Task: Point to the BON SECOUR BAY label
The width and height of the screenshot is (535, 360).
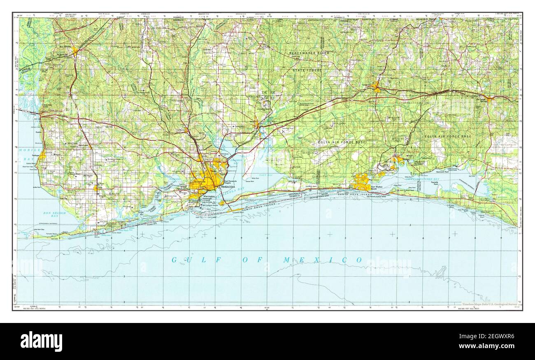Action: pyautogui.click(x=56, y=214)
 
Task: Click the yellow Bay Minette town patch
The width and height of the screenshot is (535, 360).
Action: pyautogui.click(x=74, y=51)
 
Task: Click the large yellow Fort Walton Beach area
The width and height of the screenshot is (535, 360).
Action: pyautogui.click(x=362, y=181)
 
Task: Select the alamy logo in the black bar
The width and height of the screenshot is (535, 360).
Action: pyautogui.click(x=42, y=341)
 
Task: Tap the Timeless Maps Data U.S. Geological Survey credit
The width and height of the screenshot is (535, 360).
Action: pyautogui.click(x=489, y=304)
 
